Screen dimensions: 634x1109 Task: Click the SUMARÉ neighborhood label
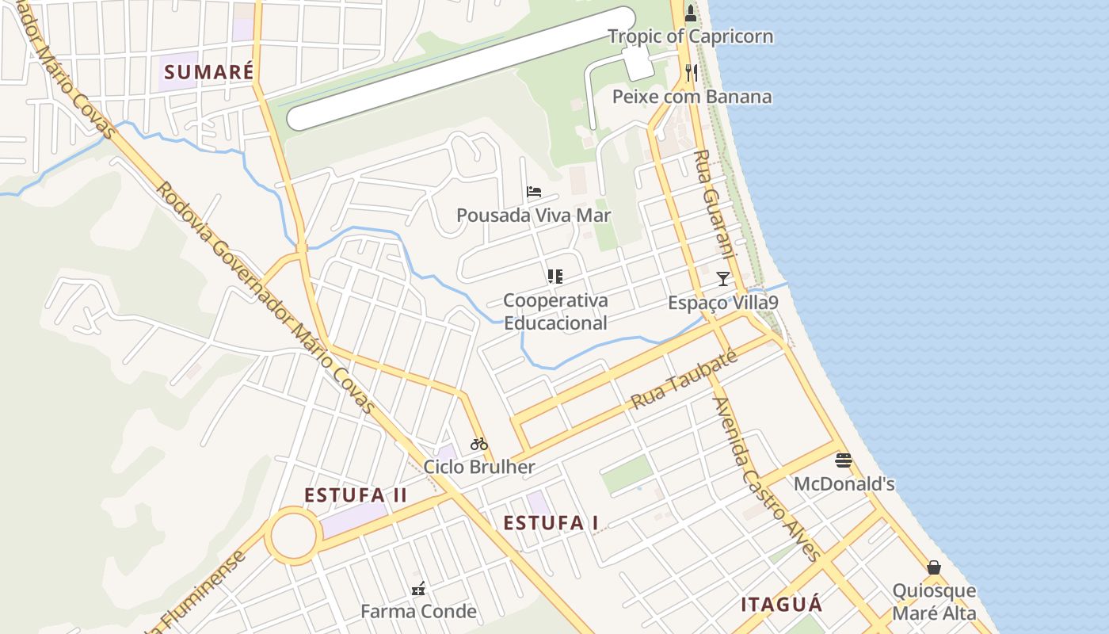(x=209, y=72)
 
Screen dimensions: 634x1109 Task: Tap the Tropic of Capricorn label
(x=690, y=36)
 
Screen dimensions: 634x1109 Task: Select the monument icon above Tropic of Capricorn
(x=691, y=12)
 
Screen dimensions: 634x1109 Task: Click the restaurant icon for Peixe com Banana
(x=692, y=72)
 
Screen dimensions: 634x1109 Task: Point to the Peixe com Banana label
(x=692, y=97)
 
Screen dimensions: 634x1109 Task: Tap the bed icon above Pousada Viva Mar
(x=534, y=192)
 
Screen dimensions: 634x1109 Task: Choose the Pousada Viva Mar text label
(x=533, y=215)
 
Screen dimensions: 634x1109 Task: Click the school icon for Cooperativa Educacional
(x=555, y=277)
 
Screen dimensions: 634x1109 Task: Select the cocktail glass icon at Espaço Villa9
(x=723, y=278)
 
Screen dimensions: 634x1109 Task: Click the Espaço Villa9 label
(x=722, y=303)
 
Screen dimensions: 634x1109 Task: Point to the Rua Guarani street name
(x=716, y=210)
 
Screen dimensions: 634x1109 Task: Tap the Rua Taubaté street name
(x=684, y=381)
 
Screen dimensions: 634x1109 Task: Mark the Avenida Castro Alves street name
(x=765, y=479)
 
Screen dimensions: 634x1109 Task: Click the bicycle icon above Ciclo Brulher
(x=478, y=444)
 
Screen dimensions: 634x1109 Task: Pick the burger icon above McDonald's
(x=844, y=460)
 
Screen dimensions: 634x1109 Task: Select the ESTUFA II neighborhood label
(x=356, y=495)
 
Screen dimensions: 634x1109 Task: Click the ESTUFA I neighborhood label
(x=551, y=523)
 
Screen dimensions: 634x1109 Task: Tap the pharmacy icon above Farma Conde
(x=418, y=588)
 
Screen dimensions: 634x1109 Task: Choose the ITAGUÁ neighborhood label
(x=781, y=605)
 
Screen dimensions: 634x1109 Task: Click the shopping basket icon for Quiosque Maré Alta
(x=934, y=567)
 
